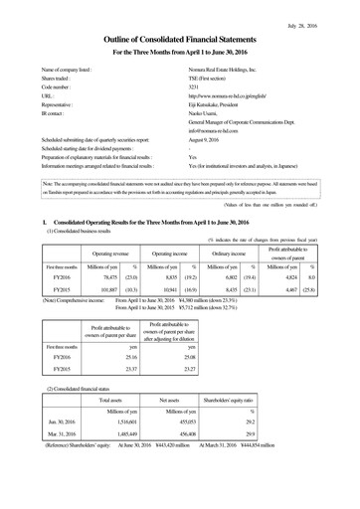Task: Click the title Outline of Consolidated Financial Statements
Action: tap(180, 38)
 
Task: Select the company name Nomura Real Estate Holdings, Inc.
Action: tap(229, 72)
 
